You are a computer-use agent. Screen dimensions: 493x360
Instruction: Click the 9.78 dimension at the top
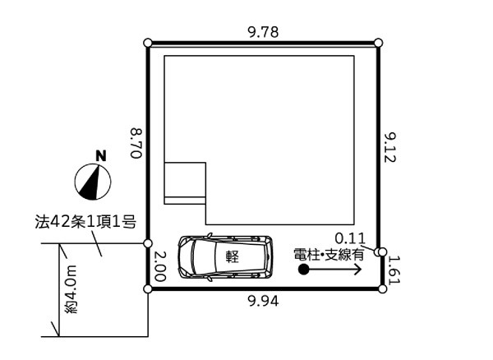click(x=263, y=32)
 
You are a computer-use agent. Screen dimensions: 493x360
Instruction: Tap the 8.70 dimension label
click(x=136, y=143)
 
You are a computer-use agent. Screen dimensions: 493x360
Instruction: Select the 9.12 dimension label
click(x=390, y=147)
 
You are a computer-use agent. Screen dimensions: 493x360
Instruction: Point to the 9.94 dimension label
click(x=263, y=302)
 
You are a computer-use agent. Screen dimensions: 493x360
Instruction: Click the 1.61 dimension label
click(x=394, y=270)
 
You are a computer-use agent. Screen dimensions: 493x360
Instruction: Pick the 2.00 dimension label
click(x=159, y=266)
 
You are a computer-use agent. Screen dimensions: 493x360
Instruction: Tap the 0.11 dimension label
click(x=350, y=238)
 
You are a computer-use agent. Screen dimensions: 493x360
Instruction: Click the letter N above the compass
click(x=101, y=156)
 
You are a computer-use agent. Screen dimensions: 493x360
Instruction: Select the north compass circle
click(x=93, y=182)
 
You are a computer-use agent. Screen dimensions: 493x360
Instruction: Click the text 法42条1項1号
click(x=85, y=222)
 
